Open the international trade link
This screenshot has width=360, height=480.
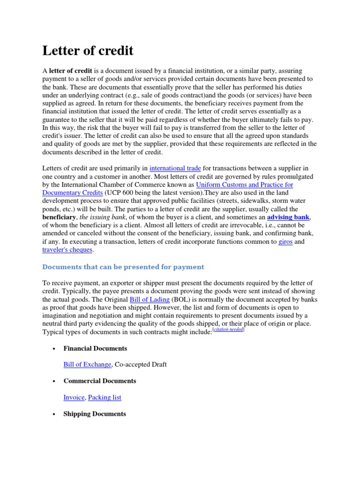pos(175,167)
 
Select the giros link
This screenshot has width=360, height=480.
pos(285,242)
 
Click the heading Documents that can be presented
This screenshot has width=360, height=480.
pos(123,267)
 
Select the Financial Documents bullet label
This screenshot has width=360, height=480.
pos(95,348)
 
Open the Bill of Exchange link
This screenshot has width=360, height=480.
pos(87,364)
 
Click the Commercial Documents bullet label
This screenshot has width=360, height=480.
pos(99,381)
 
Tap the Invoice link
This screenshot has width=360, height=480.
pos(74,397)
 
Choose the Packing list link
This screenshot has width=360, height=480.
pos(105,397)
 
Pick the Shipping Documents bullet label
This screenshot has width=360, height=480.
pos(94,414)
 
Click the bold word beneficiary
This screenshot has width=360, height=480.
pos(59,217)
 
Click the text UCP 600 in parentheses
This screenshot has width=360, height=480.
pos(121,193)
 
